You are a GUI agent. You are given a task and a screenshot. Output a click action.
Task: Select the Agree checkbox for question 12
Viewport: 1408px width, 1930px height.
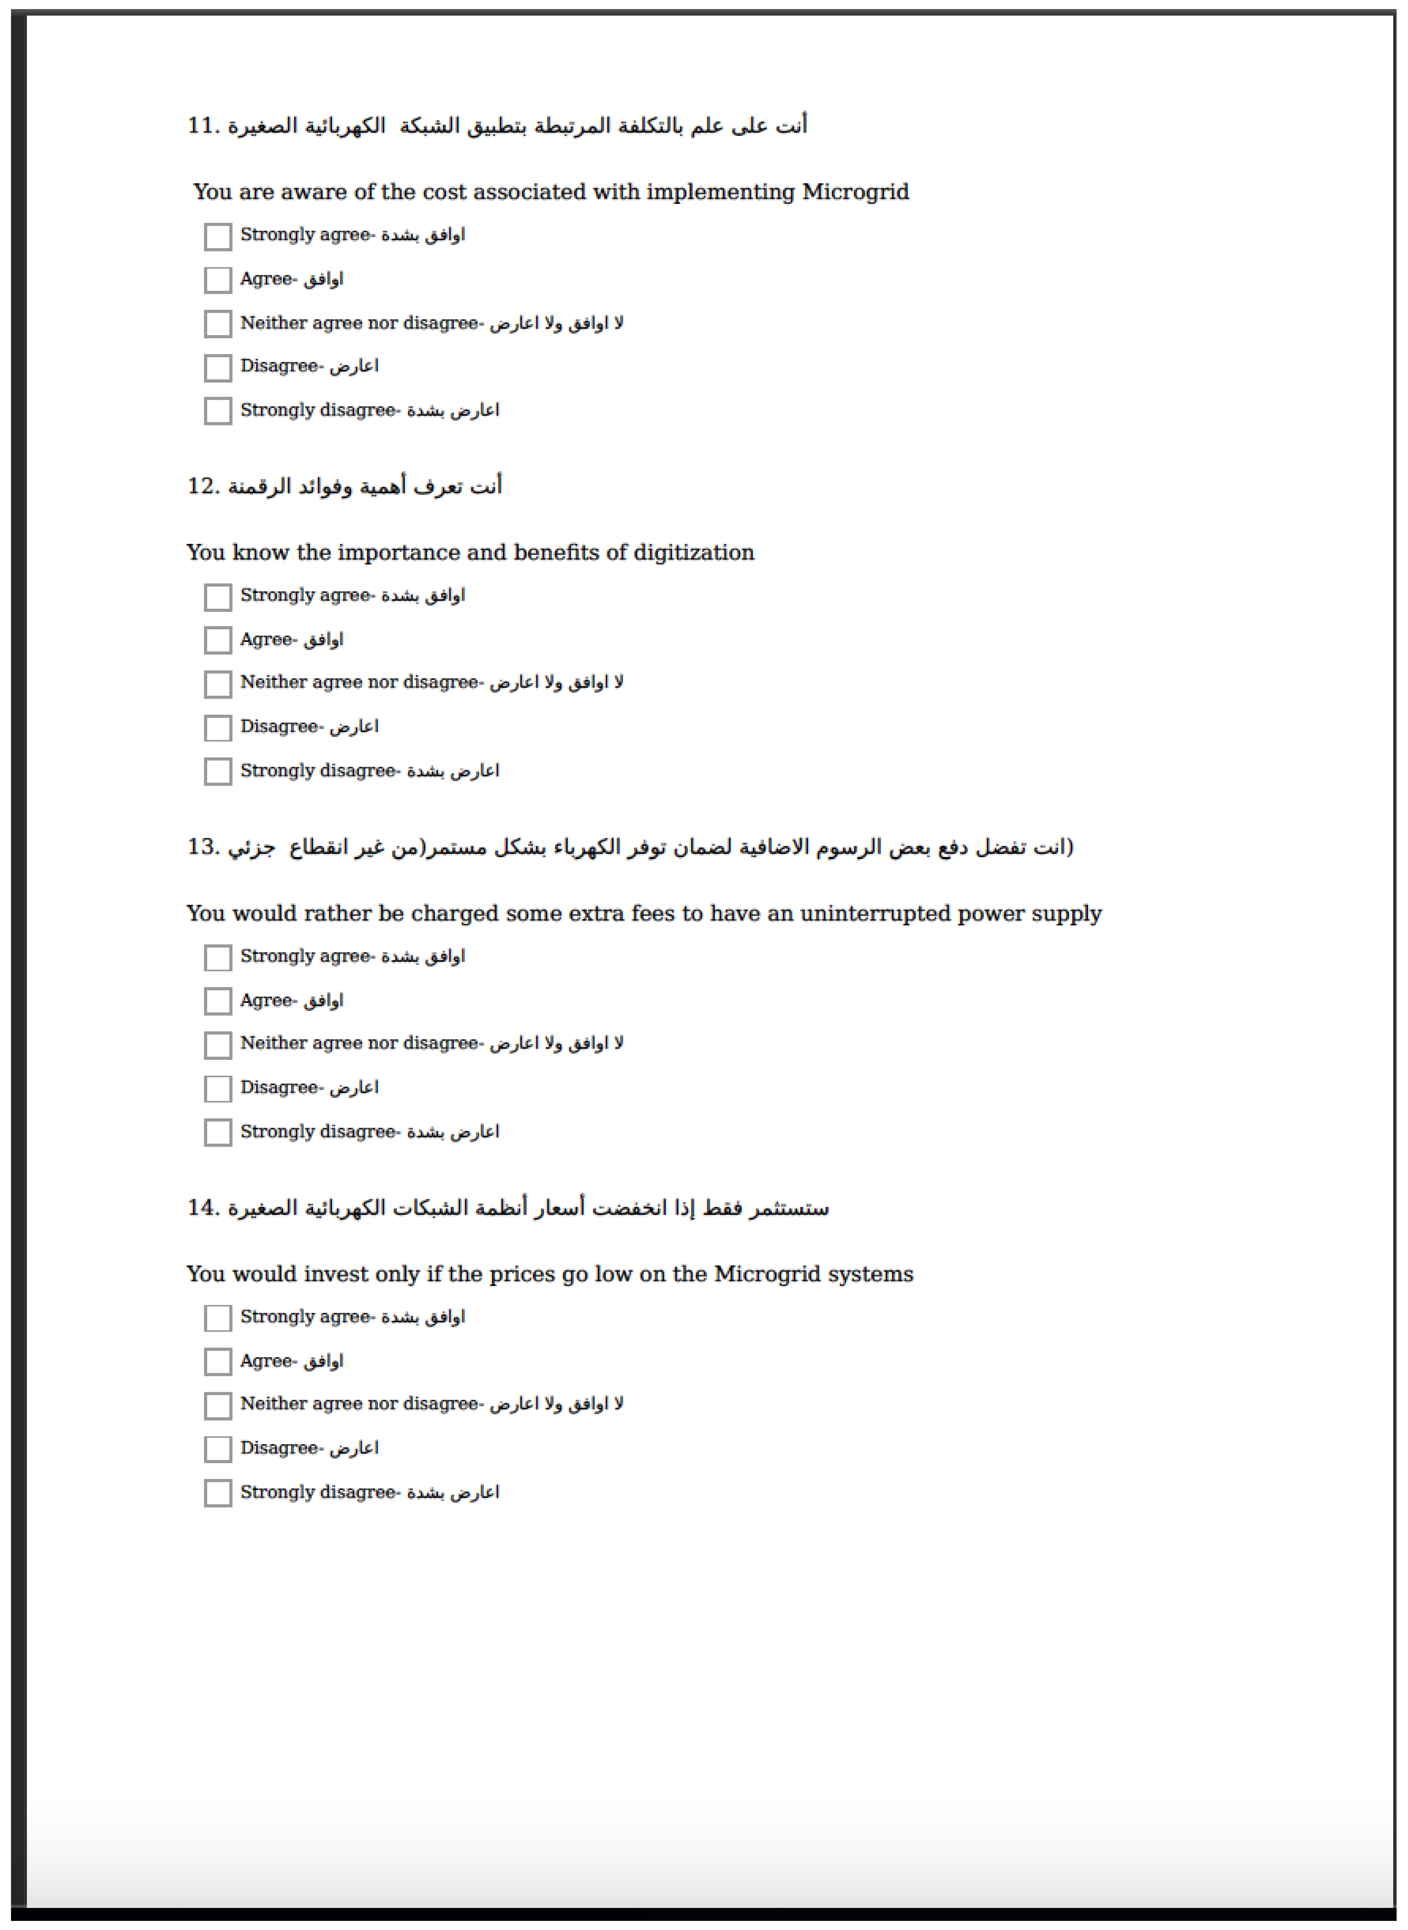[218, 640]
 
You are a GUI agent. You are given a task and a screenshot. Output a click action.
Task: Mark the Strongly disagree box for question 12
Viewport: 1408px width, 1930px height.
[218, 772]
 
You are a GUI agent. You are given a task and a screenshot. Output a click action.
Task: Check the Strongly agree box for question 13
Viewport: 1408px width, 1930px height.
[218, 957]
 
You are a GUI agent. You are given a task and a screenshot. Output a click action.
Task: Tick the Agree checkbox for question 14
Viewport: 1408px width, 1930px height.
[218, 1361]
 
